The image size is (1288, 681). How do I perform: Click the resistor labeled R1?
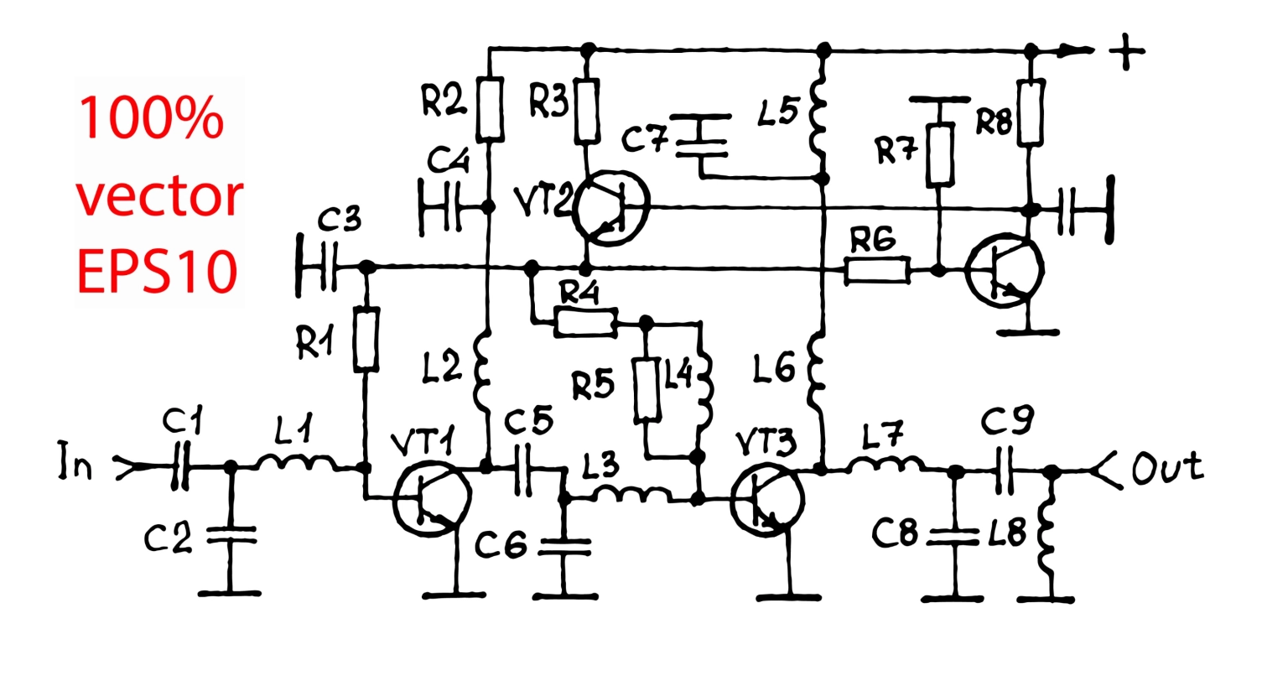366,340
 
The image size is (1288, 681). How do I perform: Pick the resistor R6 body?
877,270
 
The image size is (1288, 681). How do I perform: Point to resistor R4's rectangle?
585,323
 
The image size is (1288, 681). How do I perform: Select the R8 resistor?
1031,112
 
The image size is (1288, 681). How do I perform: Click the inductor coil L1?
296,463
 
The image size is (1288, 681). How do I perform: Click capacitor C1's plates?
180,465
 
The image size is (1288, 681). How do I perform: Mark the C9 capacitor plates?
1004,470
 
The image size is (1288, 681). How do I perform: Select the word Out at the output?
1167,467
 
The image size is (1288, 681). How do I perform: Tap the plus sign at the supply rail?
1126,52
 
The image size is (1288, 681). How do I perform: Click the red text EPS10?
157,272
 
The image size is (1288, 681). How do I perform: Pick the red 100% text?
151,118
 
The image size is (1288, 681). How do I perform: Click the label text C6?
501,544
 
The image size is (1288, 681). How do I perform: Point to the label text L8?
1007,533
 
